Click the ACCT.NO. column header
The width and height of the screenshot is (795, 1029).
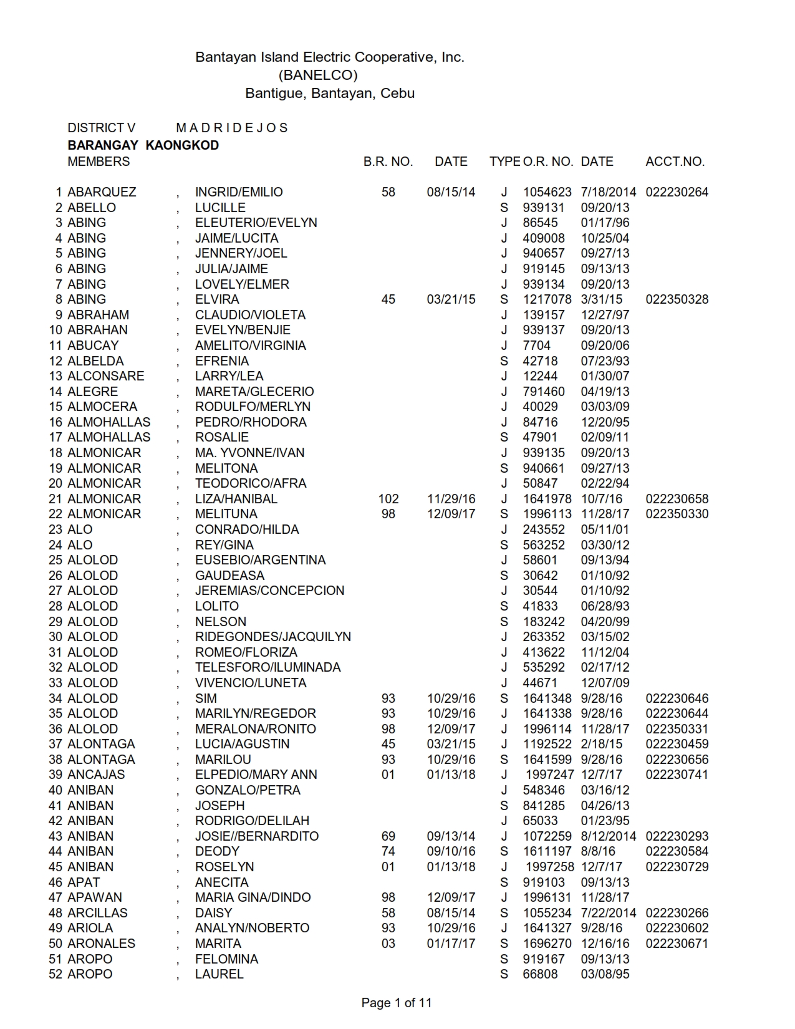pos(675,162)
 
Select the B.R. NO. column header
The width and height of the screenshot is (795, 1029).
pos(388,162)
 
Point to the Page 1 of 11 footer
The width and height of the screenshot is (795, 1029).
pos(397,1003)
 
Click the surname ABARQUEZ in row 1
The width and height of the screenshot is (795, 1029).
pos(102,192)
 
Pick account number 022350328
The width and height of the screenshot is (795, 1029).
pos(677,299)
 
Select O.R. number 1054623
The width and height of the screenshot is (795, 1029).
pos(547,192)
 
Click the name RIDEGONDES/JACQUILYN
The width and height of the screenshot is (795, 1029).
pos(272,637)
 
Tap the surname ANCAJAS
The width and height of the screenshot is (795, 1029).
pos(96,775)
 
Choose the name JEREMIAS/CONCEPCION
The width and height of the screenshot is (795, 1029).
pos(269,591)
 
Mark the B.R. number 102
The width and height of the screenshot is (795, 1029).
pos(388,499)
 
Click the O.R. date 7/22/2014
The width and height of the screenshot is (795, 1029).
pos(609,913)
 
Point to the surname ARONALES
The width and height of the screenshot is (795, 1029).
pos(101,944)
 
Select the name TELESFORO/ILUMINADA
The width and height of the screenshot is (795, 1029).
pos(267,667)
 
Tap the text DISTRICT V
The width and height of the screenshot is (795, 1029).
pos(101,128)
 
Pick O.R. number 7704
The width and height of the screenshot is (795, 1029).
pos(536,345)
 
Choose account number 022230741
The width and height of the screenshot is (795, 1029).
pos(677,775)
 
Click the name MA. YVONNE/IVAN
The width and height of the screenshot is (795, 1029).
pos(249,453)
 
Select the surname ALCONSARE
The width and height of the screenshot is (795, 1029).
pos(105,376)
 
